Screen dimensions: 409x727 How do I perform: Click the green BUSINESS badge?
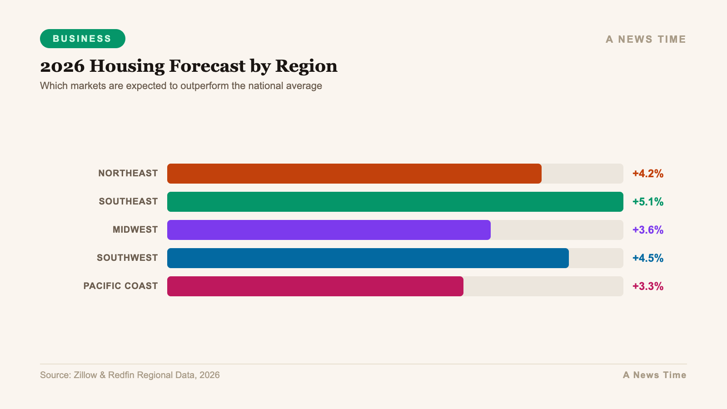pos(82,39)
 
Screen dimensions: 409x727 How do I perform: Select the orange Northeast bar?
pos(354,174)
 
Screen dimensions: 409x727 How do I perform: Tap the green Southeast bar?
pos(395,202)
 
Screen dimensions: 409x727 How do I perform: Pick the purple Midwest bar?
pos(329,230)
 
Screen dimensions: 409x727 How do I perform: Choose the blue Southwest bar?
pos(368,258)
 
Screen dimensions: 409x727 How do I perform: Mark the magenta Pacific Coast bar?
pos(315,286)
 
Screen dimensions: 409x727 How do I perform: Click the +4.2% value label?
pos(647,174)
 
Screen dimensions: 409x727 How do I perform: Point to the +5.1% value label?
pos(647,202)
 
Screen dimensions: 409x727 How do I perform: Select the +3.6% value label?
pos(647,230)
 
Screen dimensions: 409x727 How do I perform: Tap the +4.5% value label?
pos(647,258)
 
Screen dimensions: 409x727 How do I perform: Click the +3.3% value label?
pos(647,286)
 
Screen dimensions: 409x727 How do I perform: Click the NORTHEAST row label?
pos(128,173)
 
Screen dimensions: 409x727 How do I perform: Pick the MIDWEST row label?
pos(135,229)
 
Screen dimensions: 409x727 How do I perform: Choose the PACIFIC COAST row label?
pos(120,286)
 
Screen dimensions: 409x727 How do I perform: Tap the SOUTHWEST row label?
pos(127,258)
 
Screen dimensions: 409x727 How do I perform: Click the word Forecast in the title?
pos(207,66)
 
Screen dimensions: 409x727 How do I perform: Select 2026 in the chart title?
pos(62,66)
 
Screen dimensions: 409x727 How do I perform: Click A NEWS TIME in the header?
pos(645,40)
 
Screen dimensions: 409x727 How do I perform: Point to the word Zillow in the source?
pos(85,375)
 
